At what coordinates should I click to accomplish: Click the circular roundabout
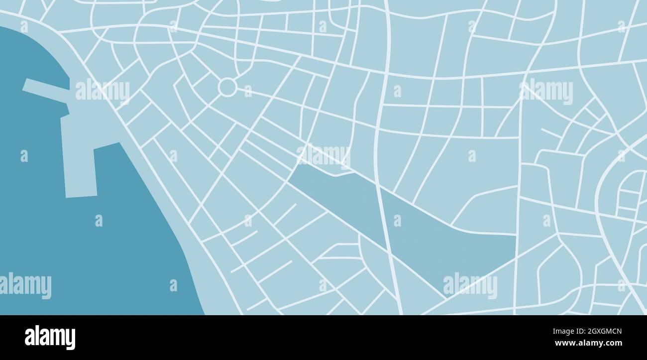227,87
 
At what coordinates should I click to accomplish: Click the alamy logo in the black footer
50,337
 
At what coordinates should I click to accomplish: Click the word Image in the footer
561,332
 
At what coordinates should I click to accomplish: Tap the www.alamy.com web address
588,343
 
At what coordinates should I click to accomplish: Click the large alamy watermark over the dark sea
25,286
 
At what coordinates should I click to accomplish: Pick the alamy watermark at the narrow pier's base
103,91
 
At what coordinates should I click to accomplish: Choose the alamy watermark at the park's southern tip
470,285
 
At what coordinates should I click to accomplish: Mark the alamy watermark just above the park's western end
323,155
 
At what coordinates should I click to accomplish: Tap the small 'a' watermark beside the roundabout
248,91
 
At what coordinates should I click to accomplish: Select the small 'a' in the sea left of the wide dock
24,156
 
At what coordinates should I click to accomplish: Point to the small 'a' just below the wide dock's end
99,221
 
